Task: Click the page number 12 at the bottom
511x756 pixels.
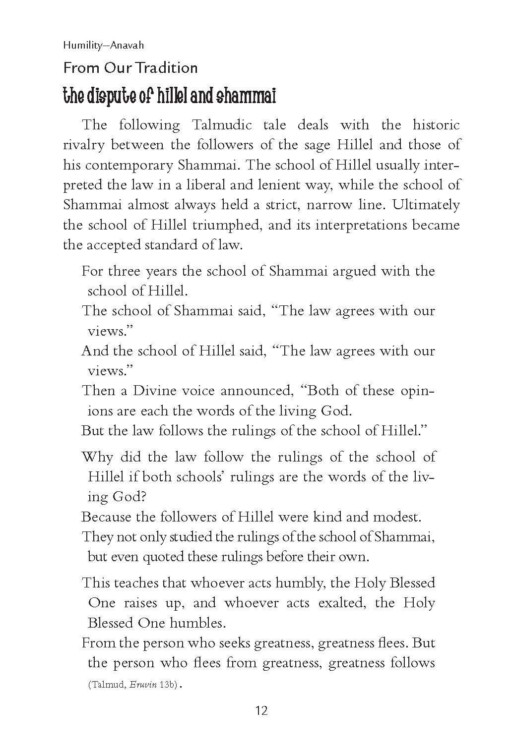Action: [261, 711]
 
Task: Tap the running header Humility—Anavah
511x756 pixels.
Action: [103, 45]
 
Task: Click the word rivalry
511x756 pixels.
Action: [84, 145]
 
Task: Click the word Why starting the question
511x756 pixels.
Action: [97, 457]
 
